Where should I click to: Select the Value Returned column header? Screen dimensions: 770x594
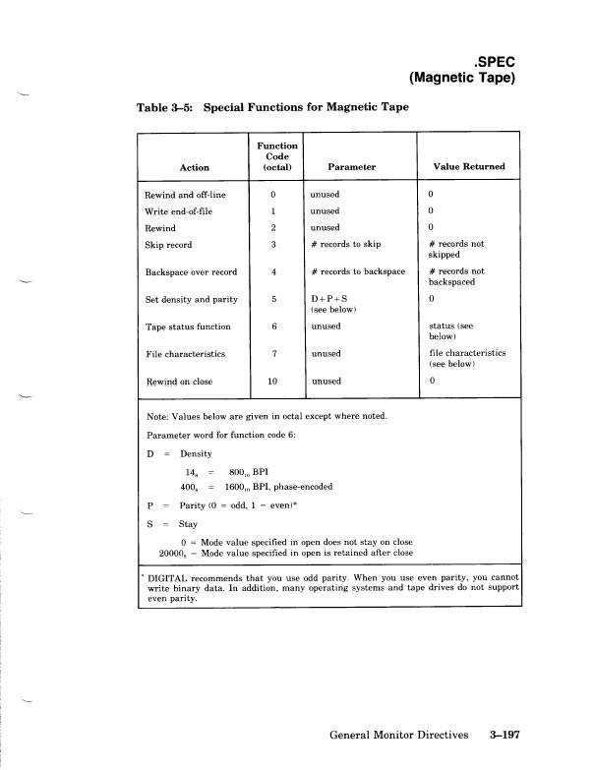(468, 167)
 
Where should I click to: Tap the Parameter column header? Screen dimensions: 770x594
(352, 167)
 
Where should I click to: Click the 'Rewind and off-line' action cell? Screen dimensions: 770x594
(186, 195)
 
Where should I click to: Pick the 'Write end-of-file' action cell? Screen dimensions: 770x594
(180, 210)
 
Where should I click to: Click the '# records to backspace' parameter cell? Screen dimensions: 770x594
(357, 271)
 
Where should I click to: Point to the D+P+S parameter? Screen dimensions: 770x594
(328, 298)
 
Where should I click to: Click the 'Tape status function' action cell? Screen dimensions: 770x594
(188, 326)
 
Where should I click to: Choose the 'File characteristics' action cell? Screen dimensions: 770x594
(185, 353)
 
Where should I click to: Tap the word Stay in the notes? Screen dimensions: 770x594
(175, 525)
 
